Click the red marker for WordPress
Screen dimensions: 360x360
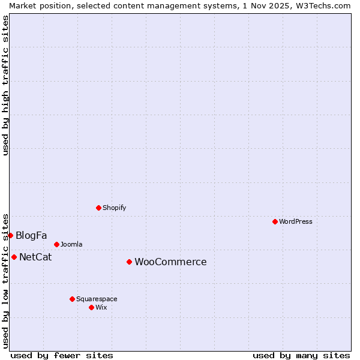(275, 221)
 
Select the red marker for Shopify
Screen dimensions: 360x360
(98, 208)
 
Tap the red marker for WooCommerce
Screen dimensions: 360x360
(129, 262)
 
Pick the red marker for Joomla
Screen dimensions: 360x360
(56, 244)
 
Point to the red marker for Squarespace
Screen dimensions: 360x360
(72, 299)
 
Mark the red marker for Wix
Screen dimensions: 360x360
(91, 307)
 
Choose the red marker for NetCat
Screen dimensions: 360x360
(14, 257)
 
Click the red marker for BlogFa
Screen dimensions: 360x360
(10, 235)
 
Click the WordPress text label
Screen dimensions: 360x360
(296, 221)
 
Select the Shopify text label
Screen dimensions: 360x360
(114, 208)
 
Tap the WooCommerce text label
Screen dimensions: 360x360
(170, 262)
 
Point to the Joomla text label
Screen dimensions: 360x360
(71, 244)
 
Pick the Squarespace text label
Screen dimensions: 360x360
(97, 299)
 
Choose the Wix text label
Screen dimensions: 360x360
(101, 307)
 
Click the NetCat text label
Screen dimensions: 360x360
(35, 257)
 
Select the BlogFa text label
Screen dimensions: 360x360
(31, 235)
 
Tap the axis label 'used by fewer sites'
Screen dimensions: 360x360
(62, 355)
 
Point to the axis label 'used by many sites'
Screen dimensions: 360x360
(301, 355)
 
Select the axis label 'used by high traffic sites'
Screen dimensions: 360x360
(5, 85)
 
